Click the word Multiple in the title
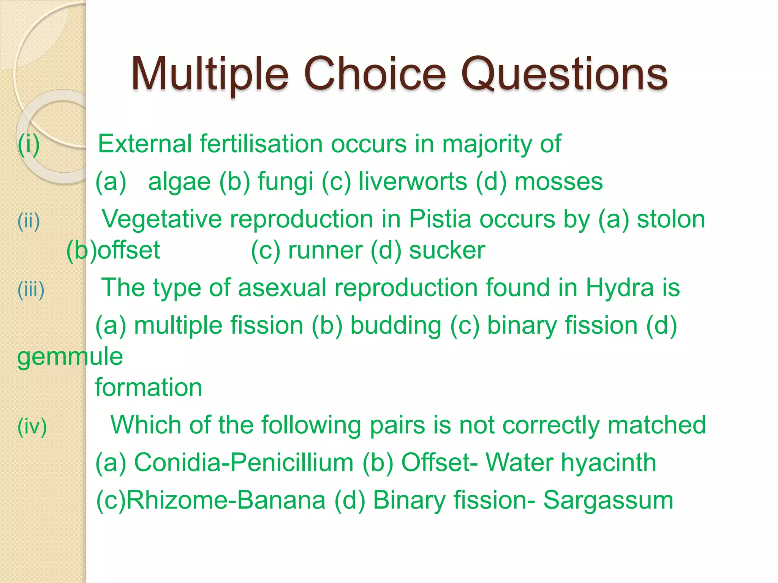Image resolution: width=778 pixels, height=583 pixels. click(210, 74)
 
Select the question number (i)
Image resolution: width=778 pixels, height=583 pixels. click(28, 144)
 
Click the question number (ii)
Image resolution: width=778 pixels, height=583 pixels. click(29, 221)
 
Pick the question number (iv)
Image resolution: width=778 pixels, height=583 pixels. click(32, 427)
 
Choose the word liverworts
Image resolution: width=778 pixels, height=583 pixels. click(413, 181)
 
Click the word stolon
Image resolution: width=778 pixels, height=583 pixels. click(671, 219)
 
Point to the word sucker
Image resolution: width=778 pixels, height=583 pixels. click(447, 251)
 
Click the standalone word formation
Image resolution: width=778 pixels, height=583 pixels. click(148, 388)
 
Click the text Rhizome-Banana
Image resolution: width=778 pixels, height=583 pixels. click(226, 501)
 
